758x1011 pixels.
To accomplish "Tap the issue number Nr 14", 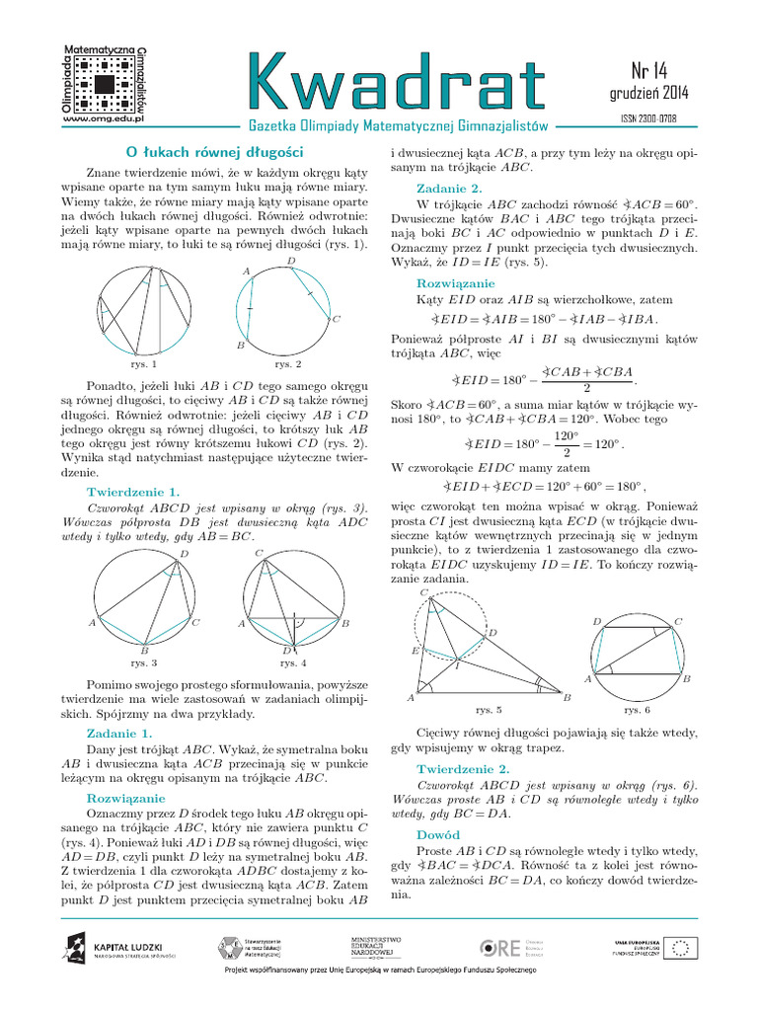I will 648,71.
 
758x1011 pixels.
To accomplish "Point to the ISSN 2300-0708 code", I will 648,119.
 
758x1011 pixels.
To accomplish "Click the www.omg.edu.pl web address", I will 104,117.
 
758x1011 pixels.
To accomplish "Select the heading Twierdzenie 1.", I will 133,491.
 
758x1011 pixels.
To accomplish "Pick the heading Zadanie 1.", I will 119,734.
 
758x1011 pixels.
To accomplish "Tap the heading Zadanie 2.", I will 449,188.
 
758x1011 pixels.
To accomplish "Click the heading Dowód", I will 438,834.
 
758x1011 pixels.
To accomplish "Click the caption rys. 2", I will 288,363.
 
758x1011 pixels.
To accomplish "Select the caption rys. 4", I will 293,662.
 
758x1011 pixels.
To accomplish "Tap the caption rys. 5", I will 488,709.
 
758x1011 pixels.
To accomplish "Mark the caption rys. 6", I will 637,709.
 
